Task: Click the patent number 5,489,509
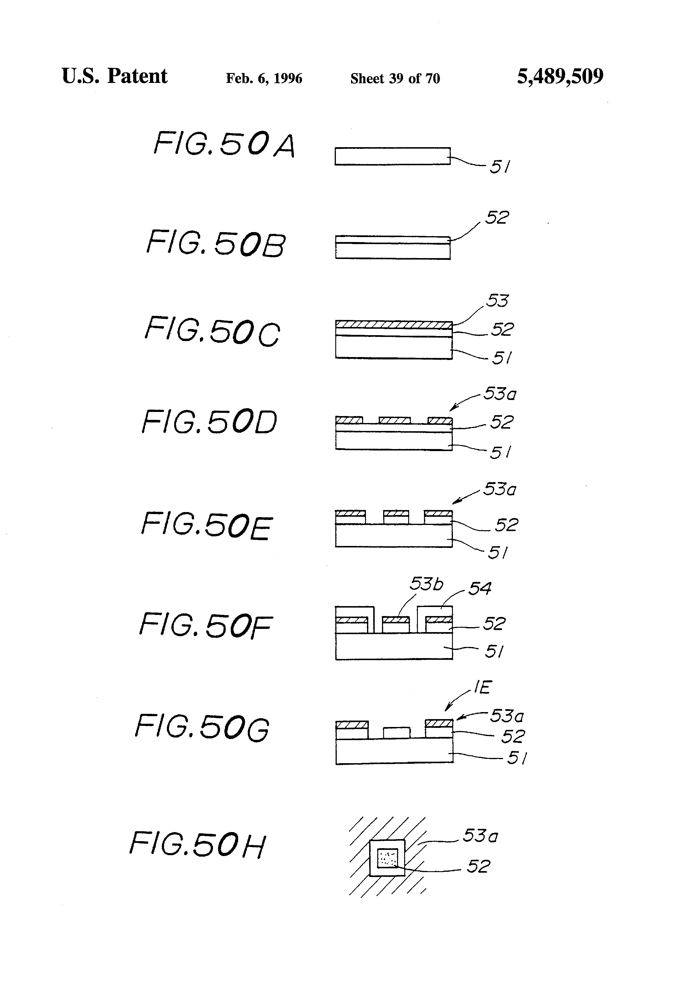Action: coord(560,76)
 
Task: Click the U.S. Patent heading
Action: coord(114,76)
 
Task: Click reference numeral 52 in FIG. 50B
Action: coord(497,218)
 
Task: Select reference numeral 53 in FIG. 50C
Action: coord(497,300)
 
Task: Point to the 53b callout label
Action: coord(426,584)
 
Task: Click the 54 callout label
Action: coord(480,588)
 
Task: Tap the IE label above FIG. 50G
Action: coord(482,687)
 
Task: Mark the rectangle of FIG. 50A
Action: coord(392,156)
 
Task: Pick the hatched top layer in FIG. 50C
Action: coord(394,325)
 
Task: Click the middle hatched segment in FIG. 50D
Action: coord(395,420)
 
